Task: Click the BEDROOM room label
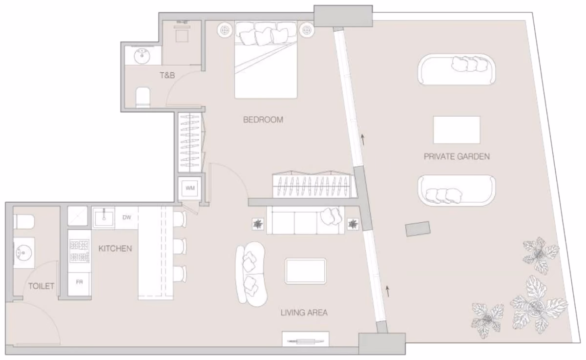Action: click(x=263, y=120)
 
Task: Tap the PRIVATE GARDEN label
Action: click(x=457, y=156)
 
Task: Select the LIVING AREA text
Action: click(x=304, y=313)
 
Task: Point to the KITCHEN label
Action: click(x=115, y=248)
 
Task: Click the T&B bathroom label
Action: click(x=167, y=75)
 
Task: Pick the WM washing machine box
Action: click(x=190, y=188)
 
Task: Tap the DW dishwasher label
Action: click(x=127, y=217)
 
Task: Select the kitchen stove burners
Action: click(x=79, y=251)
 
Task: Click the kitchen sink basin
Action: click(x=104, y=218)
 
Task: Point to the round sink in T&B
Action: click(x=142, y=56)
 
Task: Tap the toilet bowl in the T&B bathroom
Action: click(x=143, y=97)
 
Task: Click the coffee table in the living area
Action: click(x=305, y=271)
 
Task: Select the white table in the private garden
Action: click(x=457, y=130)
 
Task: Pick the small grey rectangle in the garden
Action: click(x=418, y=229)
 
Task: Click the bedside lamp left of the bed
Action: click(x=225, y=30)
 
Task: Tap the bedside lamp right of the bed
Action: click(x=307, y=30)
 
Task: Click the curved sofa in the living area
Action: click(x=251, y=274)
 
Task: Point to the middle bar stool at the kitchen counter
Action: click(x=180, y=246)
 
